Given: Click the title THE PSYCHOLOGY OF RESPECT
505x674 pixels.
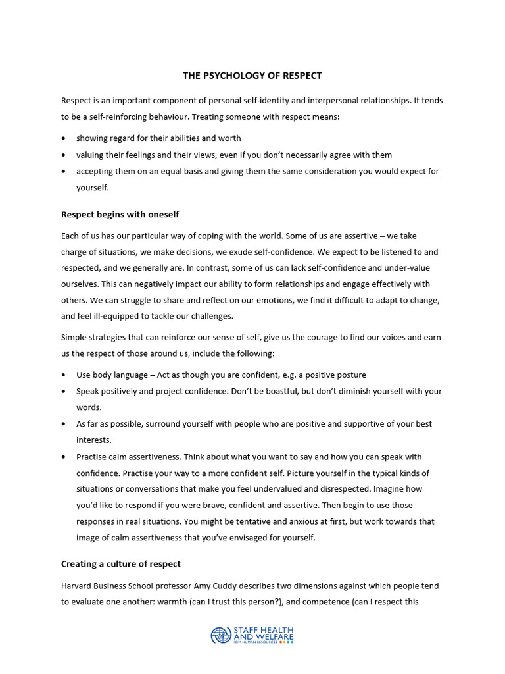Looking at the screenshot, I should pos(252,76).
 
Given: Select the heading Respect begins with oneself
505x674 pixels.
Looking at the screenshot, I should pos(120,214).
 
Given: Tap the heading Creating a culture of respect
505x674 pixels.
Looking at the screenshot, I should pos(121,564).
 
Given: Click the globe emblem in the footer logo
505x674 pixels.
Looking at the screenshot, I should pos(221,635).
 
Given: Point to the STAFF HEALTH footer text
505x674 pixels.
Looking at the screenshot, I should pos(264,630).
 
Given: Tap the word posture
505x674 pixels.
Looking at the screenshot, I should pos(350,375).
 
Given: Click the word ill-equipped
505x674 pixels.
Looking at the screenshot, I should pos(112,316).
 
